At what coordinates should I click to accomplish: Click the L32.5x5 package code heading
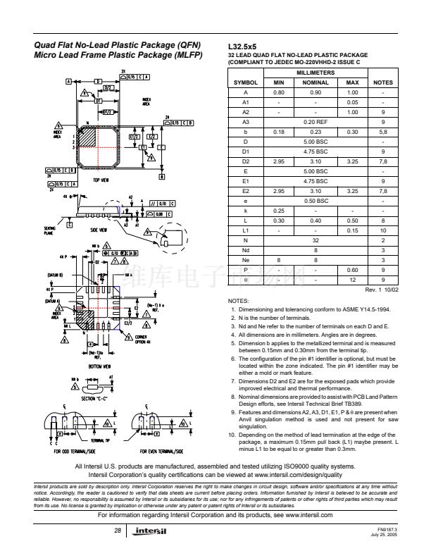[244, 46]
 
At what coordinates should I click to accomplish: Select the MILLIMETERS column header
[316, 73]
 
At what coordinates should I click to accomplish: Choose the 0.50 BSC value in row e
[316, 200]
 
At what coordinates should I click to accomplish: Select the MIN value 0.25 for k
[278, 210]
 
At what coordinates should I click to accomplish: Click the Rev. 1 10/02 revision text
[381, 289]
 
